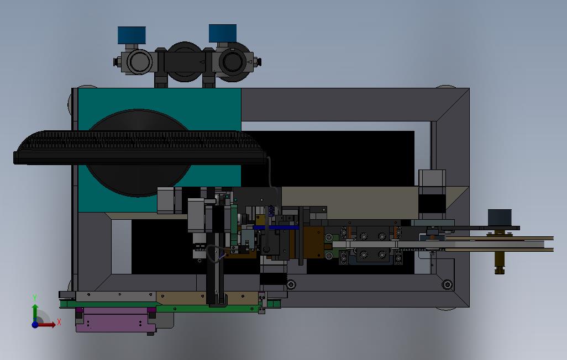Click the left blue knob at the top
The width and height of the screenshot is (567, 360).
tap(132, 35)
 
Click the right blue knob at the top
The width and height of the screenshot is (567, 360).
tap(223, 33)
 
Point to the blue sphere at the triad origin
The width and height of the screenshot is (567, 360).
tap(35, 325)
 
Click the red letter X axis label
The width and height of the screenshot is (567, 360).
tap(59, 322)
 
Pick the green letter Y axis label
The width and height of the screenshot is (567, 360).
tap(35, 298)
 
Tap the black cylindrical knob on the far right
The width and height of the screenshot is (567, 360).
tap(500, 218)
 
